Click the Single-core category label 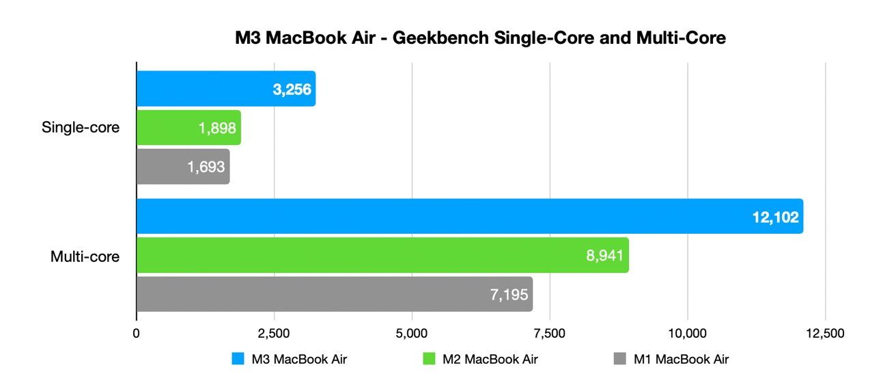point(81,128)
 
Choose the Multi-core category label point(85,256)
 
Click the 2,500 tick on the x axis point(274,334)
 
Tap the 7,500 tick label point(550,334)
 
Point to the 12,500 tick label point(824,334)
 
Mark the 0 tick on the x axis point(137,334)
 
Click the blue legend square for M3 point(238,359)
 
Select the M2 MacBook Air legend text point(490,359)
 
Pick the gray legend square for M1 point(620,359)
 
